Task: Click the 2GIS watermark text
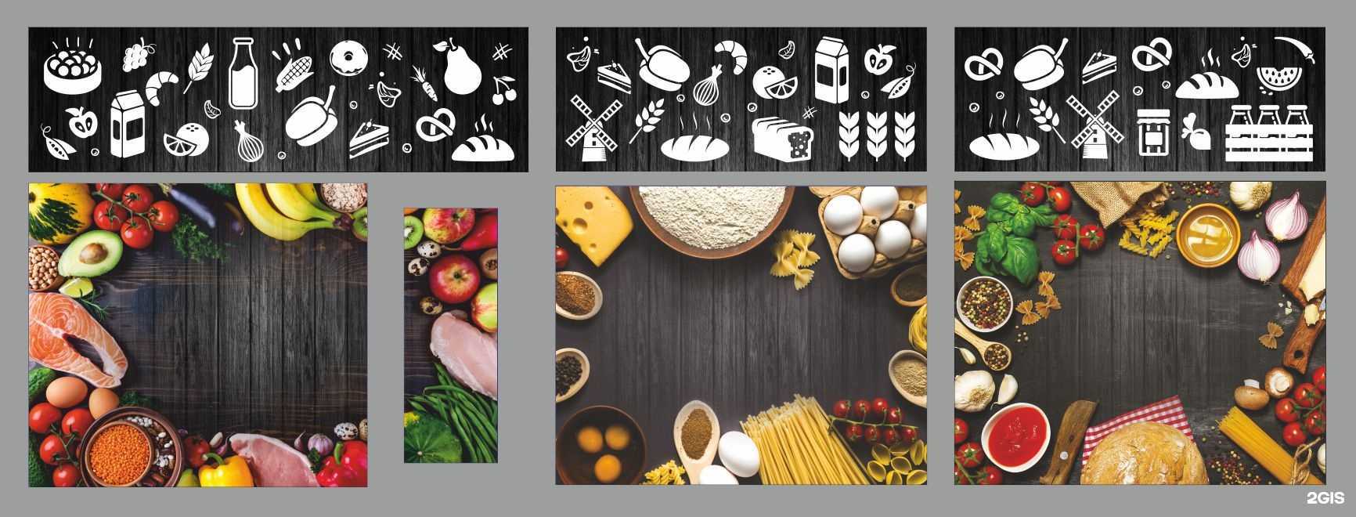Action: [1325, 499]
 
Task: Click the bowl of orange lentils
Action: [120, 450]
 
